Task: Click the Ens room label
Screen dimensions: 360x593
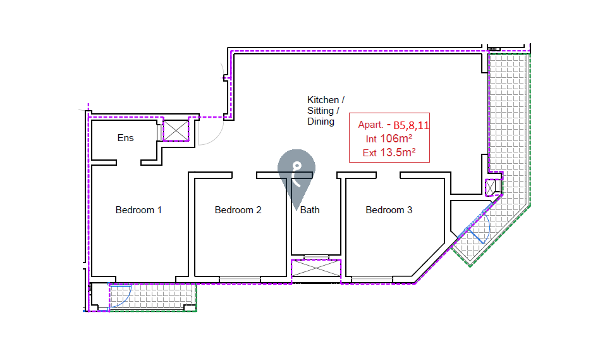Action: click(126, 138)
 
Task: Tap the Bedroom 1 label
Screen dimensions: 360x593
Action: click(138, 210)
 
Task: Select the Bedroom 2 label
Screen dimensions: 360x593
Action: click(238, 210)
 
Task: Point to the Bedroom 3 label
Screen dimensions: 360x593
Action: click(389, 210)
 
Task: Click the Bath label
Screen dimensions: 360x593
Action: click(310, 210)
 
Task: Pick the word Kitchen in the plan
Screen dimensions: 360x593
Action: click(324, 100)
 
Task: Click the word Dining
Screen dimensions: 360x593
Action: click(321, 121)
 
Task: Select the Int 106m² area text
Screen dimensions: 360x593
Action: click(389, 139)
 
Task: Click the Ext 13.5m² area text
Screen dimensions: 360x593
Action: click(389, 152)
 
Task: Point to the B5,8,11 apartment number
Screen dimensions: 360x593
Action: click(411, 125)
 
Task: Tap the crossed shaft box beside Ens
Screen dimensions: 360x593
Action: click(176, 130)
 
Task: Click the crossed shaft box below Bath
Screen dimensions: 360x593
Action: click(315, 268)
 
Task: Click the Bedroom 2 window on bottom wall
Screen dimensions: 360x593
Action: click(240, 279)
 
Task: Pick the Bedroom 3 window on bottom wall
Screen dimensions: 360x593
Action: click(372, 279)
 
